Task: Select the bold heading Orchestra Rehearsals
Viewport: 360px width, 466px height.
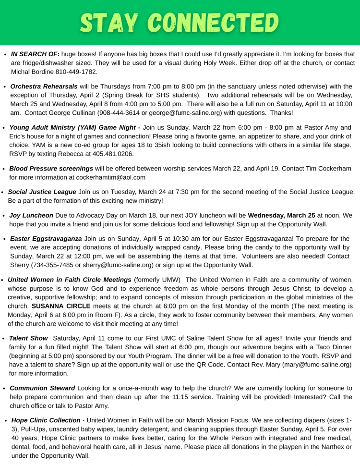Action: point(44,86)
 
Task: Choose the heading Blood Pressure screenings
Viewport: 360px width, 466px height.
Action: point(51,169)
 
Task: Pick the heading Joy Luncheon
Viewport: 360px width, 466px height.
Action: point(31,215)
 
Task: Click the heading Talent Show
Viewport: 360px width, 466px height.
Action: point(28,338)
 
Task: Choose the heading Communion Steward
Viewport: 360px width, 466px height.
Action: point(42,388)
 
